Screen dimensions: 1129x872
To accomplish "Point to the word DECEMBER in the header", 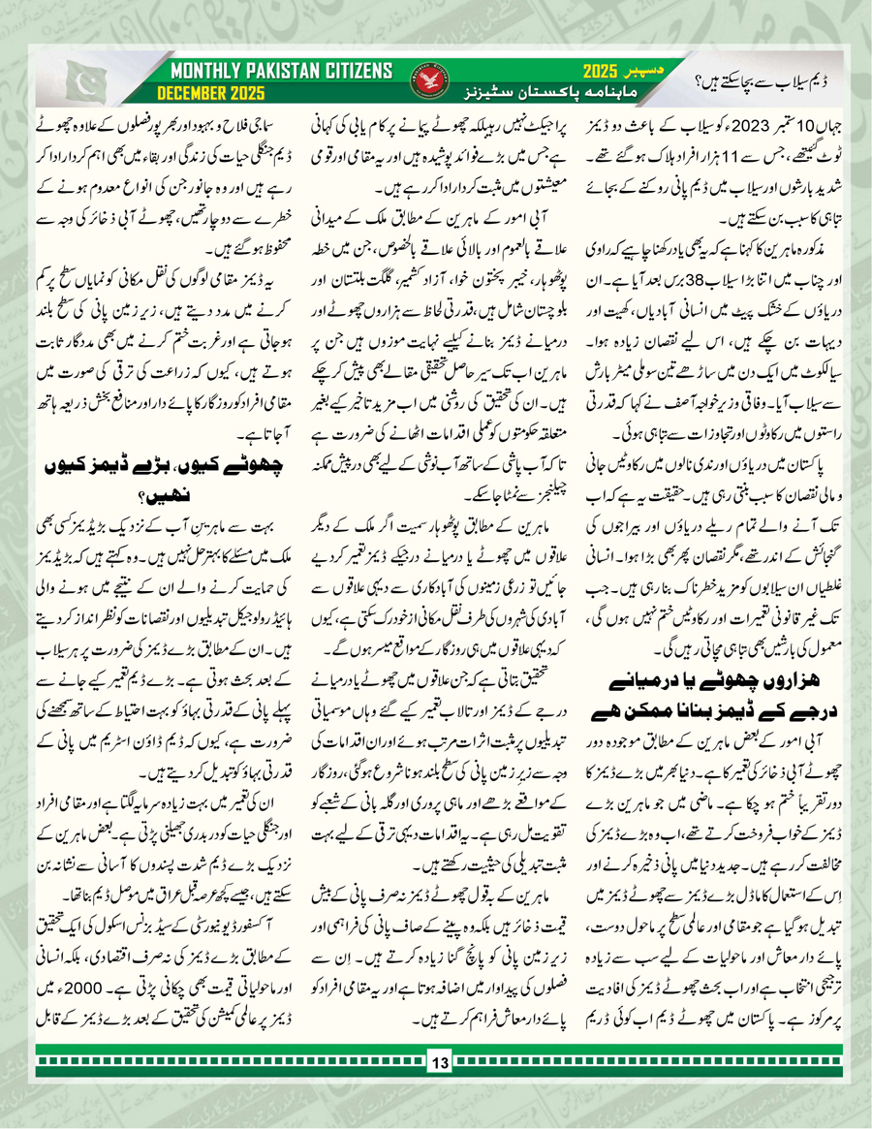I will point(192,94).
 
